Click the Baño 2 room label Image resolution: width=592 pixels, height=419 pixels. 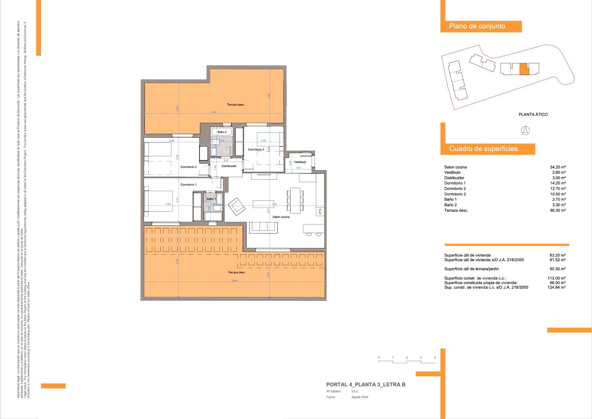(222, 132)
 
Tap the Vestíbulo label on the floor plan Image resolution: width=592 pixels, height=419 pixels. (300, 162)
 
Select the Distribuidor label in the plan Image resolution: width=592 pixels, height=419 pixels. (229, 166)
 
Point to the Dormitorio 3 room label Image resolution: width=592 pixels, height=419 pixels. (256, 149)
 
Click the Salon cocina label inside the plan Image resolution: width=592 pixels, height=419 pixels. (281, 217)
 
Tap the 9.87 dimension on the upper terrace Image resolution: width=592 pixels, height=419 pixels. (214, 112)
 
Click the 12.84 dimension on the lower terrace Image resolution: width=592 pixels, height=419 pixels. (234, 281)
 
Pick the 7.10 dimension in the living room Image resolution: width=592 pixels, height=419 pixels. (274, 204)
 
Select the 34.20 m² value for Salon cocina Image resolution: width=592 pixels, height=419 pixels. (558, 167)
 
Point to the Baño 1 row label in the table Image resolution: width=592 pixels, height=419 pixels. (450, 199)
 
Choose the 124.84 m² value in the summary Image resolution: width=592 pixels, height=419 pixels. (557, 287)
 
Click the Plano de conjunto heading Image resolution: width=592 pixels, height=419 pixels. (477, 26)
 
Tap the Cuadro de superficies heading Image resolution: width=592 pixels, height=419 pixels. (483, 149)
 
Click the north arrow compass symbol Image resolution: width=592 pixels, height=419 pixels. (525, 131)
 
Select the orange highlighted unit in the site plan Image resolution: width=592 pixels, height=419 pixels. (524, 69)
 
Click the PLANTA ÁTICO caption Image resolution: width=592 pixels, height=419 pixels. (533, 115)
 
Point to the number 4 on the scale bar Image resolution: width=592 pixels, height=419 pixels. (435, 358)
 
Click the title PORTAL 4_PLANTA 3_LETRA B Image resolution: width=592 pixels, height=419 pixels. (366, 384)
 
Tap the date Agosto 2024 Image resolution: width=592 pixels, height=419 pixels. (360, 397)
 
